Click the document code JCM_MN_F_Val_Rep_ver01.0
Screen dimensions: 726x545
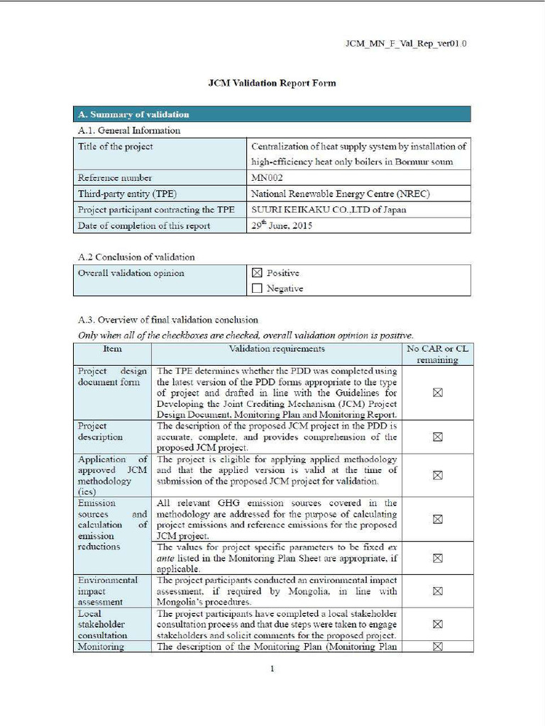coord(405,44)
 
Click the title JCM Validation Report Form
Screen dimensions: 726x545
coord(272,83)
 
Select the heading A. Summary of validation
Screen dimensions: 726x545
coord(133,114)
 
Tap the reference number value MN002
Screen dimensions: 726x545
coord(267,177)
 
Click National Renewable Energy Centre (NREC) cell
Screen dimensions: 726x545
coord(340,194)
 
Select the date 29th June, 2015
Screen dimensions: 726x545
coord(282,225)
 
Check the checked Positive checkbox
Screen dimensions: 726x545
coord(257,273)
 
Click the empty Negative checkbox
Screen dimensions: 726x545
coord(257,289)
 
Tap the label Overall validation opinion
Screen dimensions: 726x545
coord(131,273)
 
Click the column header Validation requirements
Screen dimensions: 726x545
coord(277,349)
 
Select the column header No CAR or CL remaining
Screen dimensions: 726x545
coord(437,354)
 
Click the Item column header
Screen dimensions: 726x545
coord(112,349)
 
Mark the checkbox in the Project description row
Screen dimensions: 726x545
coord(437,437)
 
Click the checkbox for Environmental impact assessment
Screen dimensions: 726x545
coord(437,591)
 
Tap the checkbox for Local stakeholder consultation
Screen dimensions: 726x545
coord(437,624)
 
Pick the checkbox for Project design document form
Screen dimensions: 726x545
coord(437,393)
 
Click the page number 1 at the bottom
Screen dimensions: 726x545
coord(272,668)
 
